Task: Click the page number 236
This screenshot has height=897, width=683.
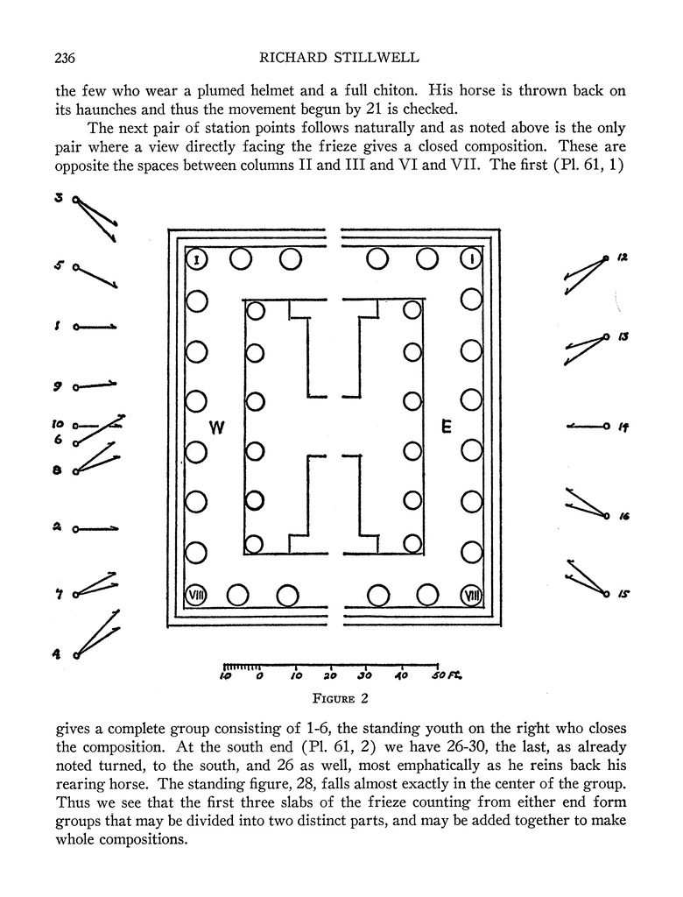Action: [x=66, y=59]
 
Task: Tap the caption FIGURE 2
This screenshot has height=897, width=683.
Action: [x=342, y=698]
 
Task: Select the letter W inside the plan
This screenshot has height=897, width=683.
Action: [x=219, y=427]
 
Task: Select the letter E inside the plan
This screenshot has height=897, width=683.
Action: [x=446, y=427]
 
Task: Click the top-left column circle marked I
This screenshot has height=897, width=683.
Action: [x=196, y=259]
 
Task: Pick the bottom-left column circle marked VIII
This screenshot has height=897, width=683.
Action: [x=196, y=596]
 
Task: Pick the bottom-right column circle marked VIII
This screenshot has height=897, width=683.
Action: [x=472, y=596]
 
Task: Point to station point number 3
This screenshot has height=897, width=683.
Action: [x=58, y=198]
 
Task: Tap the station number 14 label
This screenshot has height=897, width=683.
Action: [x=623, y=427]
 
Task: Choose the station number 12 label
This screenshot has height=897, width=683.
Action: [x=622, y=258]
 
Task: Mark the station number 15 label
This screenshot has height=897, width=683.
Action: [x=623, y=594]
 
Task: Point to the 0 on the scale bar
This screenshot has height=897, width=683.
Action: [x=259, y=676]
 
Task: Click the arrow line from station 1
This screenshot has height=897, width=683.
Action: [x=96, y=327]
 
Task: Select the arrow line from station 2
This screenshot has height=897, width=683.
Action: [x=96, y=528]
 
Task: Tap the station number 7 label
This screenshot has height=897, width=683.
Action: [x=58, y=596]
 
